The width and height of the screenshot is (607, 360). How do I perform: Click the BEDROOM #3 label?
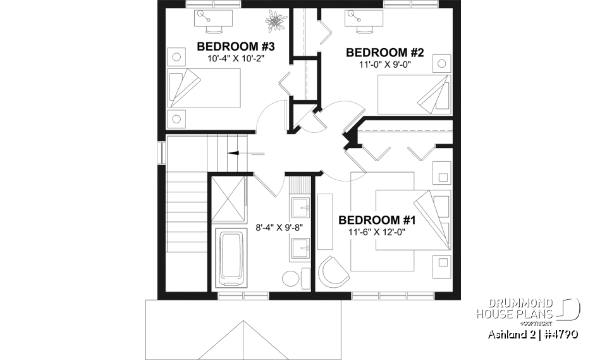pyautogui.click(x=235, y=46)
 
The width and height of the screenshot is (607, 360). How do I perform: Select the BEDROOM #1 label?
pyautogui.click(x=377, y=220)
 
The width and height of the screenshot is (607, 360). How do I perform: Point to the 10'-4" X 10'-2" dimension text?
pyautogui.click(x=235, y=58)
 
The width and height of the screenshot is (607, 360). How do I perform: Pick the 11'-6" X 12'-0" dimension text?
pyautogui.click(x=377, y=232)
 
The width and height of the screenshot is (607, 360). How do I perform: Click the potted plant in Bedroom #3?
pyautogui.click(x=276, y=21)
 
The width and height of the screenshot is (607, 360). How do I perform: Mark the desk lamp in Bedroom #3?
pyautogui.click(x=203, y=13)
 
